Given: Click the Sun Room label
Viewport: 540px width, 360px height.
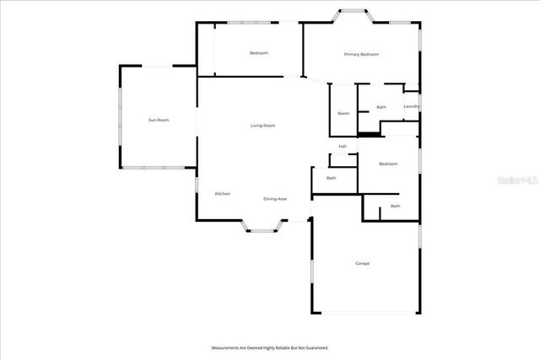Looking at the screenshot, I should (159, 121).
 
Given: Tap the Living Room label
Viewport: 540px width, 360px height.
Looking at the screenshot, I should (262, 126).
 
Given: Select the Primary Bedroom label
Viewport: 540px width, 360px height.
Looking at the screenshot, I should (361, 54).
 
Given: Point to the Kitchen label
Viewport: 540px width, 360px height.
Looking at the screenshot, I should (222, 194).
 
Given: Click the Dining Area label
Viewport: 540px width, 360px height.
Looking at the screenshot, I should (275, 199).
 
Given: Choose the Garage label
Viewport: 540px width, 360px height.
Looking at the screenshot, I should (362, 264).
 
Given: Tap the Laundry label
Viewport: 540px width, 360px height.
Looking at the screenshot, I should (412, 106).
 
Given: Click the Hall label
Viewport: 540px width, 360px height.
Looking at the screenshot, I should (343, 147).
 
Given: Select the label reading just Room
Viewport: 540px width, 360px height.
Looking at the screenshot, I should (343, 113).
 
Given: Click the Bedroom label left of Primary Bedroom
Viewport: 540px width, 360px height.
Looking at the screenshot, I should (258, 53).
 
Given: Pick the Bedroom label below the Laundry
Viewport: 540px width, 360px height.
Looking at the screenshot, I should (388, 164).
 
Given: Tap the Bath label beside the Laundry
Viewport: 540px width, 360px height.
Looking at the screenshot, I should (381, 107).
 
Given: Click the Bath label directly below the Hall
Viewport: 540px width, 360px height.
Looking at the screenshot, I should (332, 178).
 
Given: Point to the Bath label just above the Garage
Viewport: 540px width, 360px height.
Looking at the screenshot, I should (395, 207).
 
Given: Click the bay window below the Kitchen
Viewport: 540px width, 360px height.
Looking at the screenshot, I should (262, 226).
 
